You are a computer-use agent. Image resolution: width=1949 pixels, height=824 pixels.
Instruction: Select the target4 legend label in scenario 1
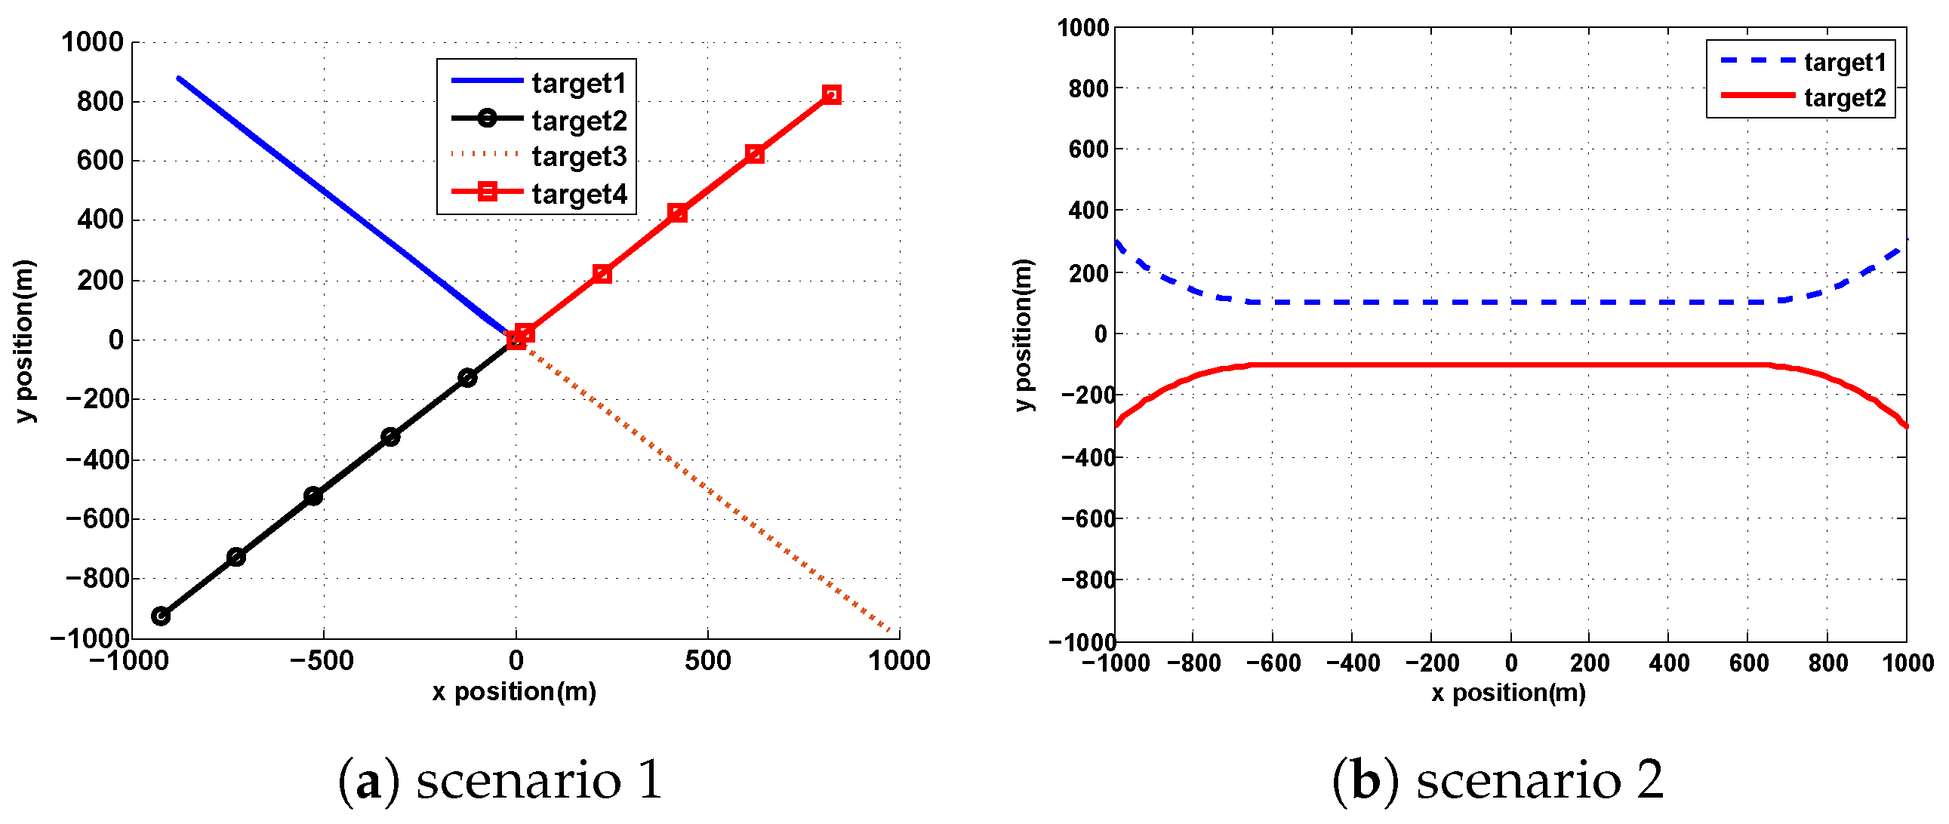[x=579, y=194]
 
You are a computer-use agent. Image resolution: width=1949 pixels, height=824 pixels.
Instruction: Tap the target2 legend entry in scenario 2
[x=1845, y=97]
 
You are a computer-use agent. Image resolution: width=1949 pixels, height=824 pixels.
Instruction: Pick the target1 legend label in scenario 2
[x=1845, y=62]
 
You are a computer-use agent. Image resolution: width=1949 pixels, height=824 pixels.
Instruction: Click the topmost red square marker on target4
[x=831, y=94]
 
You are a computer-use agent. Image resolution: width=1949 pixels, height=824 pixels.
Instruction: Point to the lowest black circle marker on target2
[x=160, y=616]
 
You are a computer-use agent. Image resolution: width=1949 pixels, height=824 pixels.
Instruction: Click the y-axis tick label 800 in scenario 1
[x=100, y=101]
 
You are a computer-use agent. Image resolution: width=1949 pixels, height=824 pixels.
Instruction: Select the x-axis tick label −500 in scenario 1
[x=322, y=661]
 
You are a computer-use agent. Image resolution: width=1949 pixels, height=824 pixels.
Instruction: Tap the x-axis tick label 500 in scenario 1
[x=707, y=661]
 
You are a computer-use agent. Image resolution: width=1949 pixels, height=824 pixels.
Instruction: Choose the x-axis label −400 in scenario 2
[x=1353, y=663]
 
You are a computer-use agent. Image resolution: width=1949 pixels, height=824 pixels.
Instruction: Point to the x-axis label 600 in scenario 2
[x=1748, y=663]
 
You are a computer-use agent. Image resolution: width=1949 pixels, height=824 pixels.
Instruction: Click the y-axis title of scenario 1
[x=25, y=340]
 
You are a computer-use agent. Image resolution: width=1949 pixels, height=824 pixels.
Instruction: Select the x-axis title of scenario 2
[x=1508, y=693]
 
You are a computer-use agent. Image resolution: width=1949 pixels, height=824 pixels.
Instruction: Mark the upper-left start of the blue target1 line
[x=179, y=78]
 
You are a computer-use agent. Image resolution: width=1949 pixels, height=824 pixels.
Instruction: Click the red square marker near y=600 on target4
[x=753, y=155]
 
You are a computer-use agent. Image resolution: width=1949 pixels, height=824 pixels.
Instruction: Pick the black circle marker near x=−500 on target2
[x=313, y=497]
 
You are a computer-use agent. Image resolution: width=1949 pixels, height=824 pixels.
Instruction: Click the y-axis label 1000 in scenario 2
[x=1082, y=29]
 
